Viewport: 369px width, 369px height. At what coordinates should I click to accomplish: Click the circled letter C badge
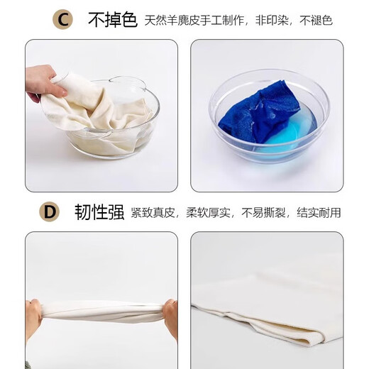tap(62, 20)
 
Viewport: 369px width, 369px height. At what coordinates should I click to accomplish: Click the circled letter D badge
tap(49, 211)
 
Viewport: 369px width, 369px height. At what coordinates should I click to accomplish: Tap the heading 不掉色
tap(113, 20)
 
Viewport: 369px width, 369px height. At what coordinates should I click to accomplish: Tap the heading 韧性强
tap(99, 212)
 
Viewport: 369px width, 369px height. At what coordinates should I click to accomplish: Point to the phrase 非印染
tap(272, 21)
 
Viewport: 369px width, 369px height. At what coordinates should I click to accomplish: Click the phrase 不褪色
tap(316, 21)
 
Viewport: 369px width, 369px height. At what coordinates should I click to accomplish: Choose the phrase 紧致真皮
tap(153, 213)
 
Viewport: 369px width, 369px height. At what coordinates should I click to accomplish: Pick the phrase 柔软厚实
tap(208, 213)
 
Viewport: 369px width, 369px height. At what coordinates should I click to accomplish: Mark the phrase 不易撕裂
tap(263, 213)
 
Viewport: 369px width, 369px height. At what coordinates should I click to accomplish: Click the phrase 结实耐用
tap(319, 213)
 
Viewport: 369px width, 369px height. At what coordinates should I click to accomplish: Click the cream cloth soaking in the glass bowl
tap(99, 119)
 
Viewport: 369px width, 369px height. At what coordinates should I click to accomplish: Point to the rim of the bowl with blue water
tap(269, 70)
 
